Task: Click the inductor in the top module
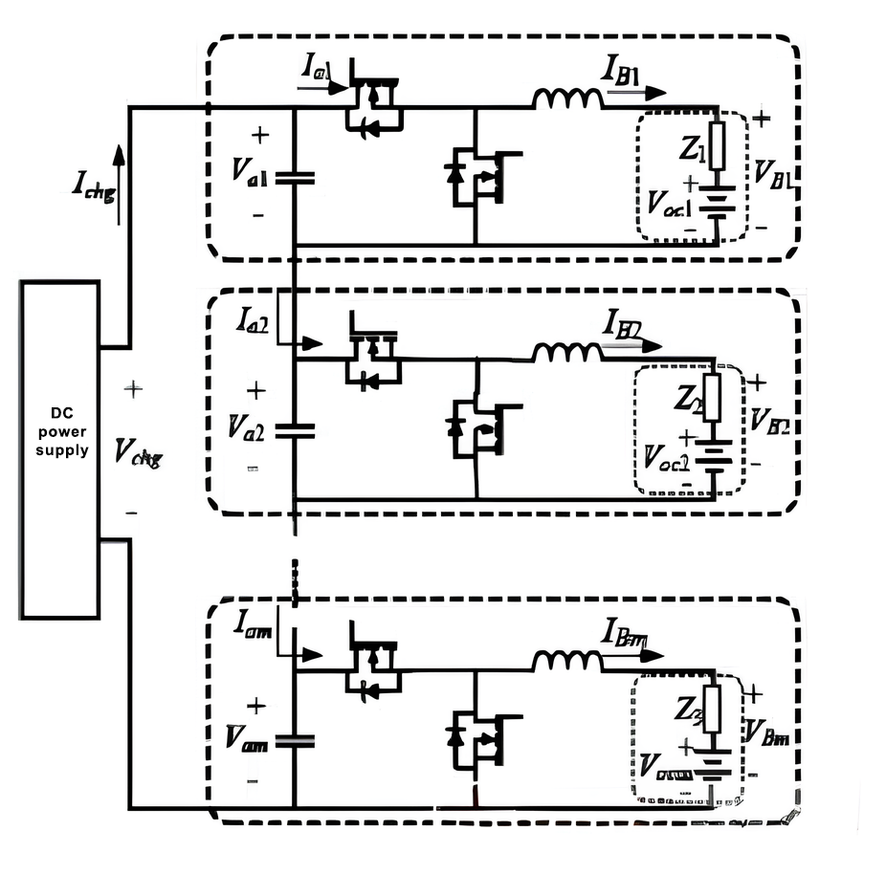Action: click(x=567, y=98)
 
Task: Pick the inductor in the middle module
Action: click(x=567, y=353)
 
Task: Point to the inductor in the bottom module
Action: click(x=567, y=661)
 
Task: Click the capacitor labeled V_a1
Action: click(x=294, y=176)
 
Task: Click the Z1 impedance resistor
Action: click(x=717, y=147)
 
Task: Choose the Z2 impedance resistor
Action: click(x=717, y=402)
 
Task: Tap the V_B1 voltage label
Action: click(x=774, y=173)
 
